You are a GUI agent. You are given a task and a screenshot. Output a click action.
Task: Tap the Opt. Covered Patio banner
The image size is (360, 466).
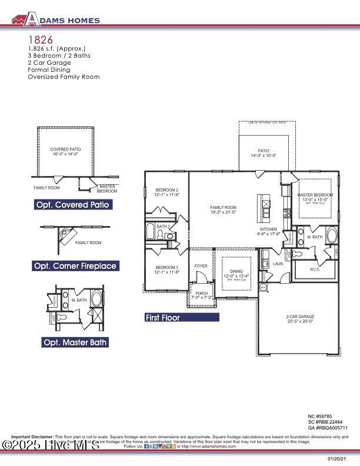point(73,205)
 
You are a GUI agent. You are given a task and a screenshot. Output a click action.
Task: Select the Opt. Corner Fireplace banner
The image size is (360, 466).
point(75,266)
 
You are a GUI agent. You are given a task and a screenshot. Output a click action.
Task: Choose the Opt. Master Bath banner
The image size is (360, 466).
point(75,342)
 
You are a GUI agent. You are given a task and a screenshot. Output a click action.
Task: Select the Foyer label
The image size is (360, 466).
point(201,266)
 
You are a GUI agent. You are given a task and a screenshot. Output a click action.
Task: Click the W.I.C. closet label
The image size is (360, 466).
point(314,269)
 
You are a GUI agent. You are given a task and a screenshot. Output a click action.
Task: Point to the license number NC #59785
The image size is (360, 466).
point(324,416)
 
